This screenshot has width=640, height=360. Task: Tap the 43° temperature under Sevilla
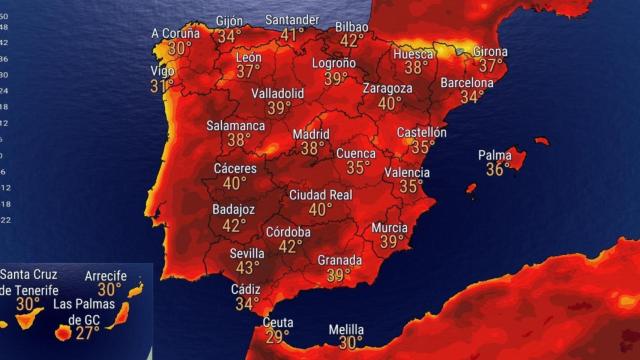(247, 269)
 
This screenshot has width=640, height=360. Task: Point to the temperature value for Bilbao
(351, 41)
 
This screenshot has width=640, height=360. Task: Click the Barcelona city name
(467, 82)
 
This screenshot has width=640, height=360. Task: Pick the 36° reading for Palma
(497, 170)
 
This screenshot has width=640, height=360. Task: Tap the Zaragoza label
(387, 88)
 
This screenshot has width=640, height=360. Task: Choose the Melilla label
(346, 329)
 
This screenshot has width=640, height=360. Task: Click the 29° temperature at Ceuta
(277, 337)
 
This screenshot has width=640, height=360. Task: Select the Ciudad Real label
(320, 195)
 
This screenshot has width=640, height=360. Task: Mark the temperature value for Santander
(292, 35)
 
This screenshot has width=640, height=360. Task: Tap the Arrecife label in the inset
(110, 275)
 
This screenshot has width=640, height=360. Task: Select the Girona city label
(490, 51)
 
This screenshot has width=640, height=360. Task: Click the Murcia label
(390, 227)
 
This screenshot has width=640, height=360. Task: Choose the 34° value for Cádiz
(246, 304)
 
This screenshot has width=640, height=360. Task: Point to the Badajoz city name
(234, 210)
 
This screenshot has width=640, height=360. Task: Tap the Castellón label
(422, 131)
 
